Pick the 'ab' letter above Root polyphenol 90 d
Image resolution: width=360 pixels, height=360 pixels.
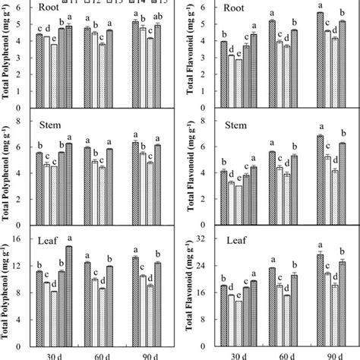tap(158, 16)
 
